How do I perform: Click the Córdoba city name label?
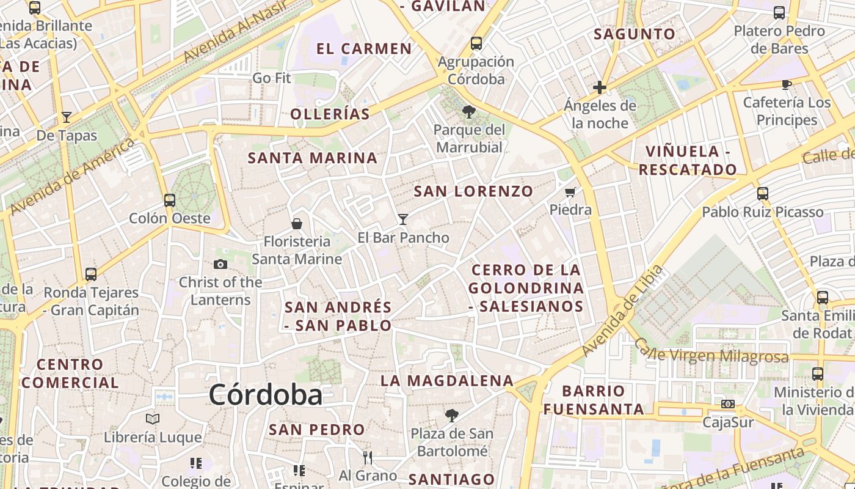266,395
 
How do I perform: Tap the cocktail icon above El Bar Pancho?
403,219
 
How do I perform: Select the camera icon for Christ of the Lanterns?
220,264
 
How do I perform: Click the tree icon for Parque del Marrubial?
469,112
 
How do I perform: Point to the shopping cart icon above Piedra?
570,193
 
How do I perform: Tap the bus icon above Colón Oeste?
170,200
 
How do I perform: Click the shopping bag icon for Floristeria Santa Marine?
297,224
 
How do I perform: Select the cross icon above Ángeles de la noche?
600,87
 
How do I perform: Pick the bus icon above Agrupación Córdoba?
476,43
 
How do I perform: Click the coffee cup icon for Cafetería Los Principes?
787,84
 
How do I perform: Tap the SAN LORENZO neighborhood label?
474,191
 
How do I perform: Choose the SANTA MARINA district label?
313,158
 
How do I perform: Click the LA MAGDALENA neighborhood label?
447,381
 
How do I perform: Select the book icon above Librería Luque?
153,419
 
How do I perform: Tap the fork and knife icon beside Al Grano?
367,458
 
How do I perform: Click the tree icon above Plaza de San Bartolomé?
452,416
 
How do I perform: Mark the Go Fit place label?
272,78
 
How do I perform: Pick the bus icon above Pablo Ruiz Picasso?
762,194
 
